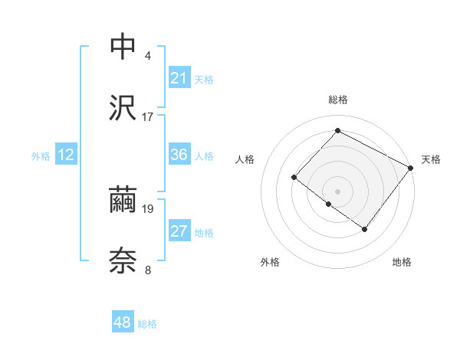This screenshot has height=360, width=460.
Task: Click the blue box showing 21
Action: point(179,78)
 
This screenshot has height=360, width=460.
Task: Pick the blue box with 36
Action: point(179,155)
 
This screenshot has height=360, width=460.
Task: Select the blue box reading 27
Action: point(179,231)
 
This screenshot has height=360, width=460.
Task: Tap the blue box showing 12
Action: point(66,155)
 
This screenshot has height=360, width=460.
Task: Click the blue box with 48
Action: point(123,322)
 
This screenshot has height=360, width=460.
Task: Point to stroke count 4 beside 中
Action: point(148,56)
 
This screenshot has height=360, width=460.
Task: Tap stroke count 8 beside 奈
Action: point(148,269)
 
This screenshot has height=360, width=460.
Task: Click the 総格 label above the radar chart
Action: point(338,100)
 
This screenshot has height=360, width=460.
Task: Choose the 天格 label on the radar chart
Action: point(432,159)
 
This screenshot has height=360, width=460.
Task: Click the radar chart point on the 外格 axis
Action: point(329,204)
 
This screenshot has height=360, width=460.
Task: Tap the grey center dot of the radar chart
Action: point(338,191)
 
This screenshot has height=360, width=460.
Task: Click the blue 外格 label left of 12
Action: point(41,155)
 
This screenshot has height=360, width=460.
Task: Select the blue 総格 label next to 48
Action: point(147,324)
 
